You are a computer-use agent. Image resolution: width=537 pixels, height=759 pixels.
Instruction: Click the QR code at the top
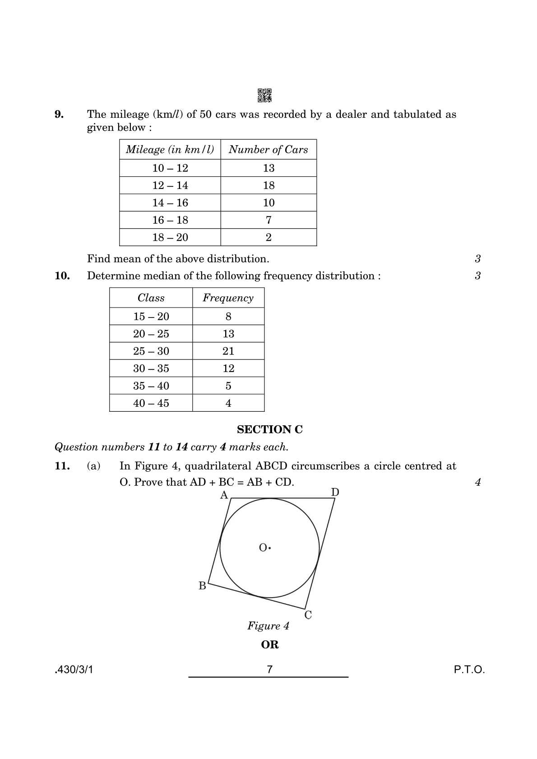[264, 96]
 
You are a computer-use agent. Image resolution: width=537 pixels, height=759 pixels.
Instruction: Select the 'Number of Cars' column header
[268, 150]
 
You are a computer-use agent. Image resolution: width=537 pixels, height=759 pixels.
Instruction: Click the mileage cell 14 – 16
[170, 203]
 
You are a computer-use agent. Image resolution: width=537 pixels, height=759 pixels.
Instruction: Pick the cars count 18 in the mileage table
[268, 185]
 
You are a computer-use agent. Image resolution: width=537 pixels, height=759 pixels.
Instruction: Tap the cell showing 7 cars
[268, 220]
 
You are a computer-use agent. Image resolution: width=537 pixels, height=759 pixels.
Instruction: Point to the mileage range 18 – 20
[170, 238]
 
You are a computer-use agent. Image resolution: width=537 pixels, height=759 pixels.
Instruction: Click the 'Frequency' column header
[228, 298]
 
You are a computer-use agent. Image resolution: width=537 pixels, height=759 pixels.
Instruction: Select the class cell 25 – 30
[151, 351]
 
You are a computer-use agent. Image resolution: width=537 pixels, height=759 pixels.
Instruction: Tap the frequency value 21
[228, 351]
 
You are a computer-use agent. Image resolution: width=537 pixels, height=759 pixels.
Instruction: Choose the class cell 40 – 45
[151, 403]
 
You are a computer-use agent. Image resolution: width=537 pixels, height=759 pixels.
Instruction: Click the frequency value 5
[228, 386]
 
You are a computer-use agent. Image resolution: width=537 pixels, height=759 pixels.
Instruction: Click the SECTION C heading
[269, 430]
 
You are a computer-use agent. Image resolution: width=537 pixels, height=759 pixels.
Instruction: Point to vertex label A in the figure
[224, 496]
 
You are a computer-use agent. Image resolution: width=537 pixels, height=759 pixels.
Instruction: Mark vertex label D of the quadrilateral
[335, 492]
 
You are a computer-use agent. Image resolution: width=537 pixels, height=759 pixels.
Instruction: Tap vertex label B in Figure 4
[202, 586]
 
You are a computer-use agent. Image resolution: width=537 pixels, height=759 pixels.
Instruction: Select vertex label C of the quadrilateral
[308, 615]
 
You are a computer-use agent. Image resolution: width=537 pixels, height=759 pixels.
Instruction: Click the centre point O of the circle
[269, 548]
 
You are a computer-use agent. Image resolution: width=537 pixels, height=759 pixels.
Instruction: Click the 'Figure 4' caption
[268, 626]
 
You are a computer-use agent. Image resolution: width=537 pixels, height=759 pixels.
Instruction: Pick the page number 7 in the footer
[269, 669]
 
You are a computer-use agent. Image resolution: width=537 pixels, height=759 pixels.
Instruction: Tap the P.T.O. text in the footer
[469, 670]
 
